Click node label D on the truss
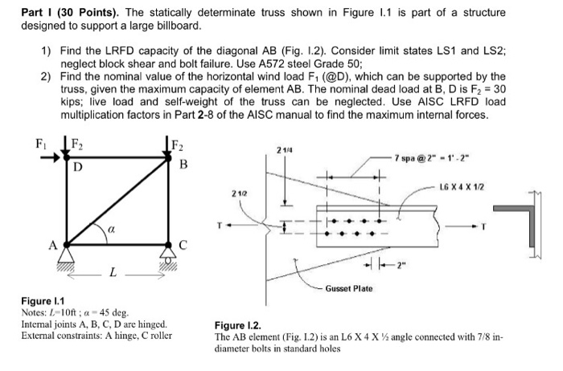(x=78, y=168)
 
